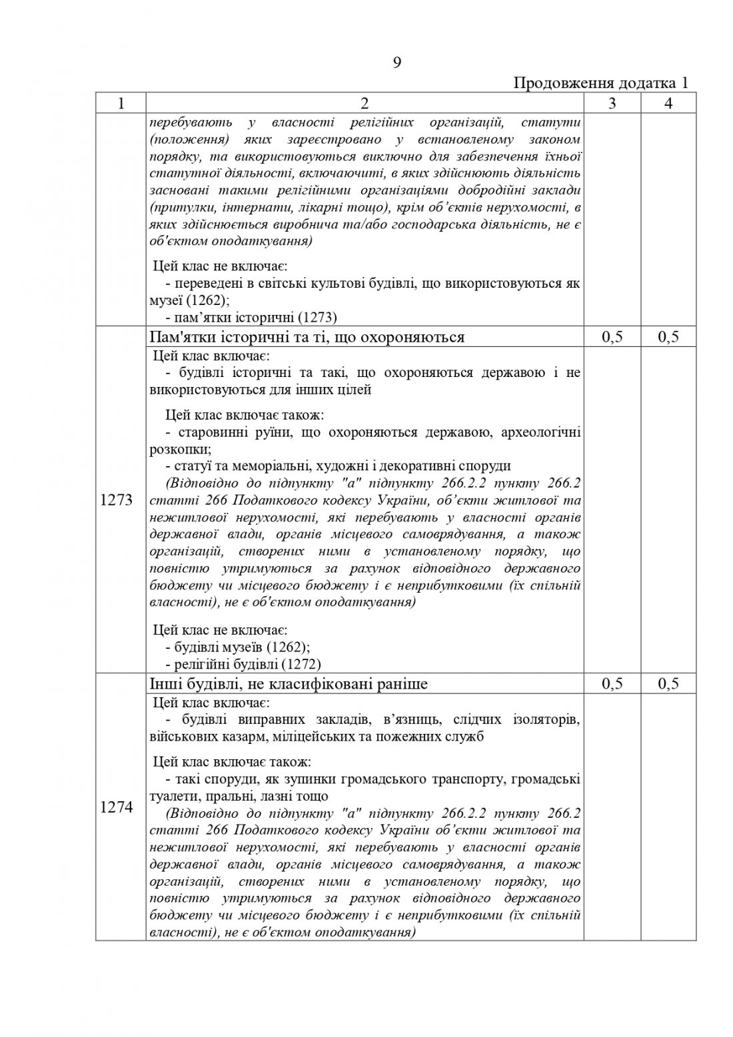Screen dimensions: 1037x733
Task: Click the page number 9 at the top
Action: tap(396, 63)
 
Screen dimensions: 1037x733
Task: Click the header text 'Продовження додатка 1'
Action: tap(600, 83)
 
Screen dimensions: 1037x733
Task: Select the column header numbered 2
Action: tap(364, 103)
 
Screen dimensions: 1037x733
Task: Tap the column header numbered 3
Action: tap(612, 103)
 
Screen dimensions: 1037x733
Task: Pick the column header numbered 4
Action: tap(668, 103)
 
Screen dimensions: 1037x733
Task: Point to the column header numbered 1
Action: tap(121, 103)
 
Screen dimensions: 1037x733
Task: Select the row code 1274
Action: tap(116, 807)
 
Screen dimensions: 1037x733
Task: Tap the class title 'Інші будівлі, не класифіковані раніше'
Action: tap(289, 684)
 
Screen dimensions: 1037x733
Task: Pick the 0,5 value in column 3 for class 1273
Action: tap(612, 337)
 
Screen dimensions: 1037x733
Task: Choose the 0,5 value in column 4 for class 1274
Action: tap(668, 684)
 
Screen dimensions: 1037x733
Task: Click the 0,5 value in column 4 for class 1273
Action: tap(668, 337)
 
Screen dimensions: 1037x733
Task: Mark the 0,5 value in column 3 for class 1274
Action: tap(612, 684)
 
